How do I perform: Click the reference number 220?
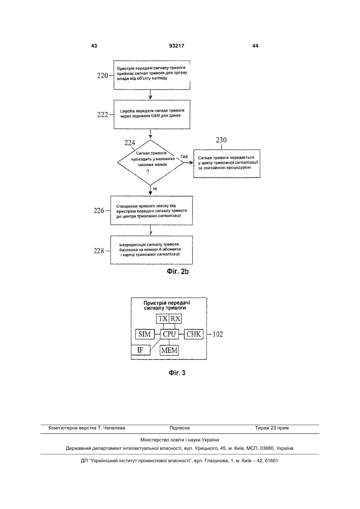tap(102, 76)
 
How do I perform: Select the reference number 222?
tap(102, 114)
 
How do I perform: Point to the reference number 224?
tap(129, 143)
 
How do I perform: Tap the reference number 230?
tap(221, 140)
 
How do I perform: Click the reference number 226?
tap(99, 211)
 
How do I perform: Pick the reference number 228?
tap(99, 251)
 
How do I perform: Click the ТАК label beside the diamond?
tap(184, 157)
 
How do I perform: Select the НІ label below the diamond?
tap(155, 189)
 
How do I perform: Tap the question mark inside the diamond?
tap(148, 172)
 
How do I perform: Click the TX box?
tap(163, 319)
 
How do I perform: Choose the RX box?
tap(175, 319)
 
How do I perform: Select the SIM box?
tap(145, 334)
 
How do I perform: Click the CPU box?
tap(169, 334)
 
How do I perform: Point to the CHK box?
tap(193, 334)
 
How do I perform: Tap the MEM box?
tap(169, 350)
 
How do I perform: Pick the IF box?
tap(141, 350)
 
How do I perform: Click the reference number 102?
tap(218, 334)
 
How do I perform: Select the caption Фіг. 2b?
tap(178, 271)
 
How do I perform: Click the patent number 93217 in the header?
tap(177, 46)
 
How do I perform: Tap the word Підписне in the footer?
tap(180, 428)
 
